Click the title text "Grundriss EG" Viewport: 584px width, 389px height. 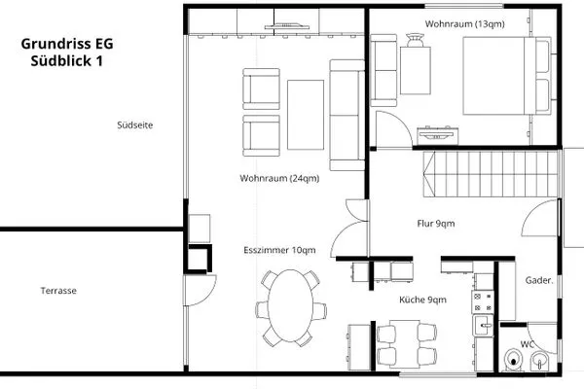click(67, 44)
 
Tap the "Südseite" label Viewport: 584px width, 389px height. click(135, 125)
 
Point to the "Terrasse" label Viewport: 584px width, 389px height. click(58, 291)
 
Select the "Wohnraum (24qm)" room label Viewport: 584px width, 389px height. click(279, 178)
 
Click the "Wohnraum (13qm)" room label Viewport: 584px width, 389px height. click(465, 23)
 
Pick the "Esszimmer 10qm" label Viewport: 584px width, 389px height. click(279, 250)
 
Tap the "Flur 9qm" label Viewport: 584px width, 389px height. click(436, 224)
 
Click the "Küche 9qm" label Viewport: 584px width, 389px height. click(422, 300)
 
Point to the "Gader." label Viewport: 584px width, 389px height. click(539, 280)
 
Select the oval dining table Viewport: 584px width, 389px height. click(290, 306)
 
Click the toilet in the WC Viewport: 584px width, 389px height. click(514, 360)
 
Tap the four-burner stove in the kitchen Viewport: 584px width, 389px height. click(483, 301)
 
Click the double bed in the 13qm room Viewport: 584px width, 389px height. click(506, 76)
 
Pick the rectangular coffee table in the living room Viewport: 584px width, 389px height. click(306, 115)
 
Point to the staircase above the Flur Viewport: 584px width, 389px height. click(491, 174)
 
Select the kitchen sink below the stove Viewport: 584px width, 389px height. click(483, 326)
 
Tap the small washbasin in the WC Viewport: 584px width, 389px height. click(539, 361)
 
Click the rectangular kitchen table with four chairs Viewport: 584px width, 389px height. click(406, 343)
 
